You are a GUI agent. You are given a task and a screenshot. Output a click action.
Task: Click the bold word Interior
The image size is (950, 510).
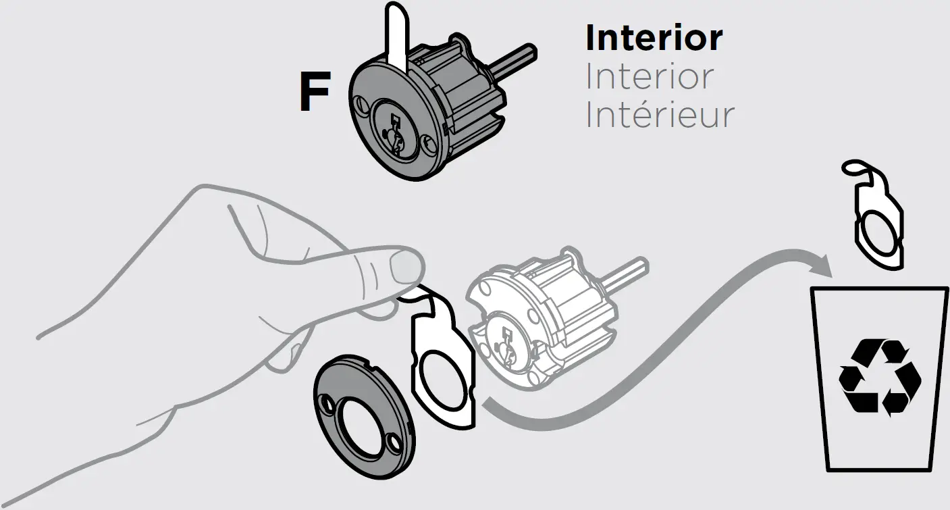click(654, 38)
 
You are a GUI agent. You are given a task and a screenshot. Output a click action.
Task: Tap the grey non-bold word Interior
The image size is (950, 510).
click(649, 76)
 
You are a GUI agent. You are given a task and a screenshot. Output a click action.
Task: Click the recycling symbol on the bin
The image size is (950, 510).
click(879, 376)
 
